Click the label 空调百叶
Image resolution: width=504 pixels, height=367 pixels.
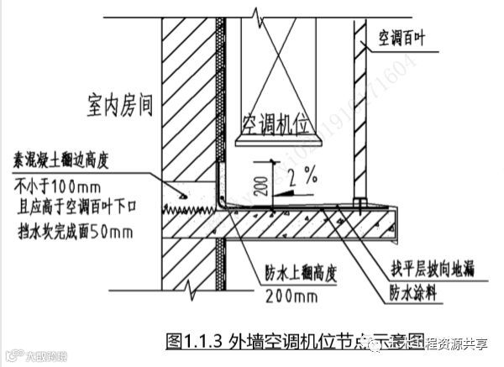coord(407,38)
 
